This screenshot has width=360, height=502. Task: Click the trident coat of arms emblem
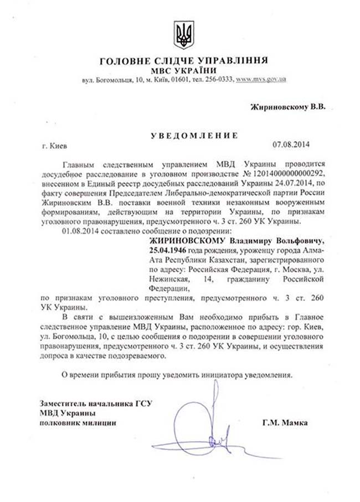[180, 34]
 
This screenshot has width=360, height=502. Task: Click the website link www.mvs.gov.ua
[261, 81]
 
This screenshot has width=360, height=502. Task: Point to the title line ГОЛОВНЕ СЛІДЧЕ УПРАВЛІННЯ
[180, 60]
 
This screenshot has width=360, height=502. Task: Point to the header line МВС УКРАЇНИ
[180, 70]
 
